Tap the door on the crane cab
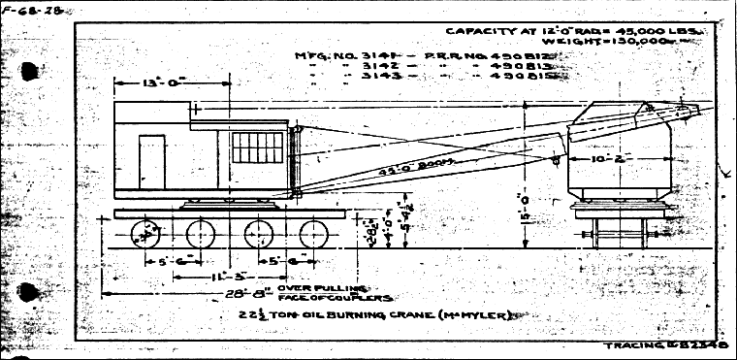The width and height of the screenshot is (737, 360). [151, 159]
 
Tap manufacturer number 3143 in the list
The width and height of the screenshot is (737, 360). [363, 81]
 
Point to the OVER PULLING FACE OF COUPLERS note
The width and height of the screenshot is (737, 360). [336, 293]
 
